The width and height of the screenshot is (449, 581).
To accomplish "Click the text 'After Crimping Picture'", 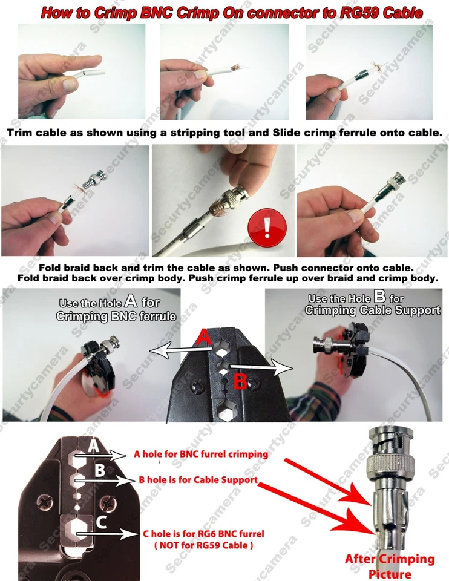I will coord(390,565).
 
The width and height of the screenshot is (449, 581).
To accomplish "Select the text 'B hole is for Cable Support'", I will coord(198,479).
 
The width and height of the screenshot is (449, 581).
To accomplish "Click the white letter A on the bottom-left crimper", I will coord(93,446).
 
